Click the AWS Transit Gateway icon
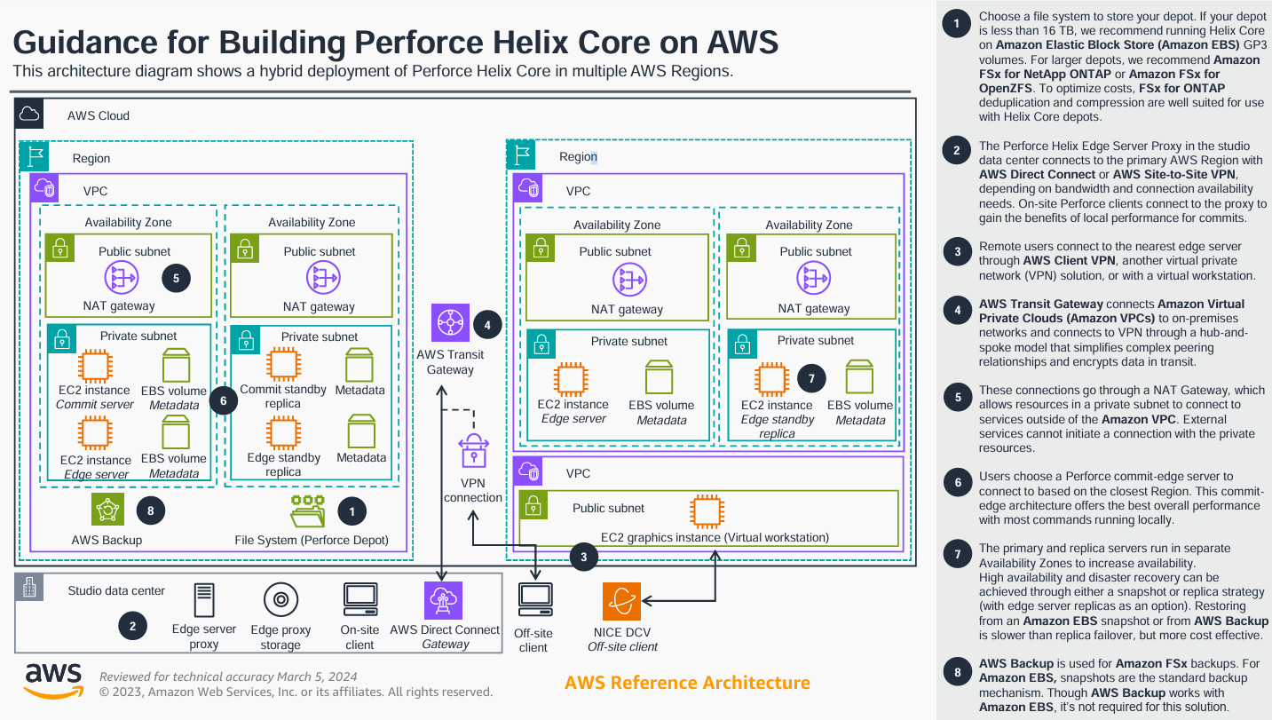tap(450, 323)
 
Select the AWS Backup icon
tap(107, 510)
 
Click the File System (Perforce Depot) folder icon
tap(307, 510)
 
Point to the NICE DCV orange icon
tap(621, 602)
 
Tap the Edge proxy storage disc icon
tap(280, 600)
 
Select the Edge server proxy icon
tap(204, 600)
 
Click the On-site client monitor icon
tap(360, 600)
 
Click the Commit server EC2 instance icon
tap(94, 364)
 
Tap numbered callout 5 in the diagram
tap(176, 278)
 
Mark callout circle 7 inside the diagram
tap(811, 377)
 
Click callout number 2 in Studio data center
tap(132, 627)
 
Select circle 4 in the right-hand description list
tap(957, 312)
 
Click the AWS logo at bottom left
tap(53, 680)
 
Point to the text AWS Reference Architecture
tap(687, 683)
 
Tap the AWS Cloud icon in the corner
tap(30, 114)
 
